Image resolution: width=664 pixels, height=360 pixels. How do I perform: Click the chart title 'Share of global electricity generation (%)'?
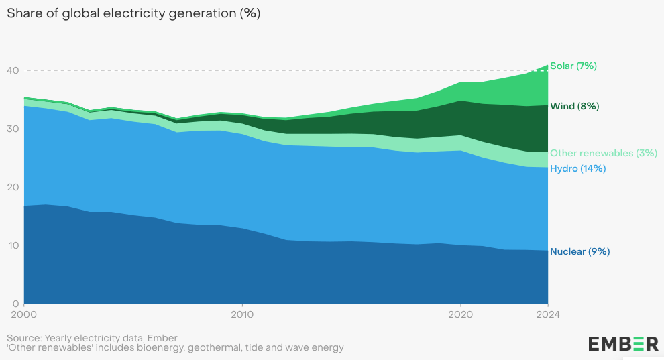(133, 13)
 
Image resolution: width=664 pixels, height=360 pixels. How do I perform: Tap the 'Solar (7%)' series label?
(573, 66)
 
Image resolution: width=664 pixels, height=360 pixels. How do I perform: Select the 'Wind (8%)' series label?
(574, 106)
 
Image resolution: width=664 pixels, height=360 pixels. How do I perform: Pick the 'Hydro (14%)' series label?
(577, 168)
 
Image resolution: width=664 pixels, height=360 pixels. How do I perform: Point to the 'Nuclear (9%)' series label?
(579, 251)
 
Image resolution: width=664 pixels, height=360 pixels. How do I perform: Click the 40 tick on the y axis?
(12, 70)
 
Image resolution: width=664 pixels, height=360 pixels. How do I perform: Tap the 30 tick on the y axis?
(12, 129)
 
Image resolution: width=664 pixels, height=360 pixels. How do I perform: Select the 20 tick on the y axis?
(12, 187)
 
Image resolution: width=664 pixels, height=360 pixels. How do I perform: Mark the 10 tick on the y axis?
(12, 245)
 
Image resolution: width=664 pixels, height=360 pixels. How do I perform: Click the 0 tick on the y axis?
(15, 303)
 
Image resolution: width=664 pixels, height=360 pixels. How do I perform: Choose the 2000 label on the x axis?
(23, 313)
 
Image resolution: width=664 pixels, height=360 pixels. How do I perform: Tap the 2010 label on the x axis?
(241, 313)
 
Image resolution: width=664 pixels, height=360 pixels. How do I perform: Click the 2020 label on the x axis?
(460, 313)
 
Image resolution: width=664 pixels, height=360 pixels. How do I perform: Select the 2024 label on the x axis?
(547, 313)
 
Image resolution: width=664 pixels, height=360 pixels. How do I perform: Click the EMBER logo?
(623, 343)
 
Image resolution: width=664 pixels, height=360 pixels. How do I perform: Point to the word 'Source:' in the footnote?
(24, 337)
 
